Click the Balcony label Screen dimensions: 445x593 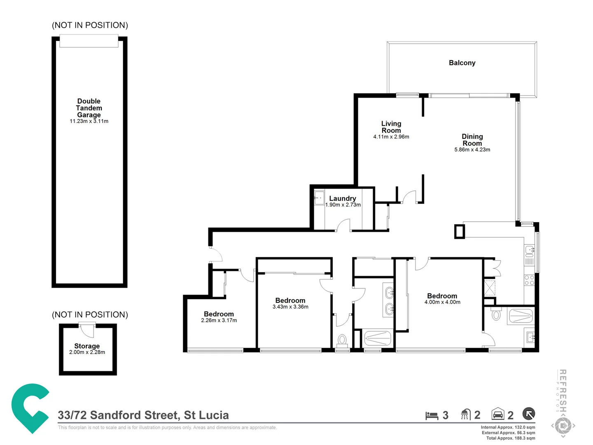pos(462,63)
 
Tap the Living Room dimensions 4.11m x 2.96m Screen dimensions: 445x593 pos(391,137)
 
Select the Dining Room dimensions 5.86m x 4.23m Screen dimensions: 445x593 pos(472,150)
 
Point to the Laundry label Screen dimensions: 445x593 pos(342,198)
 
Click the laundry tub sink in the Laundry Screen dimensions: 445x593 pos(319,198)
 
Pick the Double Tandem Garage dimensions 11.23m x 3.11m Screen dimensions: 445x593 pos(89,122)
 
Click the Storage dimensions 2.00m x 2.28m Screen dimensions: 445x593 pos(87,352)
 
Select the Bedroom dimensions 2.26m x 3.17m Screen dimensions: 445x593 pos(219,321)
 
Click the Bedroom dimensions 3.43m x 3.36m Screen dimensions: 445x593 pos(290,307)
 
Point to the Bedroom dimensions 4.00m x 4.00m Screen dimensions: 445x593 pos(442,302)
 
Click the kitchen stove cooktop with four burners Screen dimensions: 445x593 pos(529,281)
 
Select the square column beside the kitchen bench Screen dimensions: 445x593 pos(459,231)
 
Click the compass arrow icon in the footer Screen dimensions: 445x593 pos(529,413)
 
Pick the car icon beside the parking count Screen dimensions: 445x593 pos(498,414)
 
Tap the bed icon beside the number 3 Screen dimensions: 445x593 pos(432,415)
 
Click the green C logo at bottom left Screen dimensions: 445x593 pos(30,408)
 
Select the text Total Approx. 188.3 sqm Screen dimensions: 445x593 pos(510,438)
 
